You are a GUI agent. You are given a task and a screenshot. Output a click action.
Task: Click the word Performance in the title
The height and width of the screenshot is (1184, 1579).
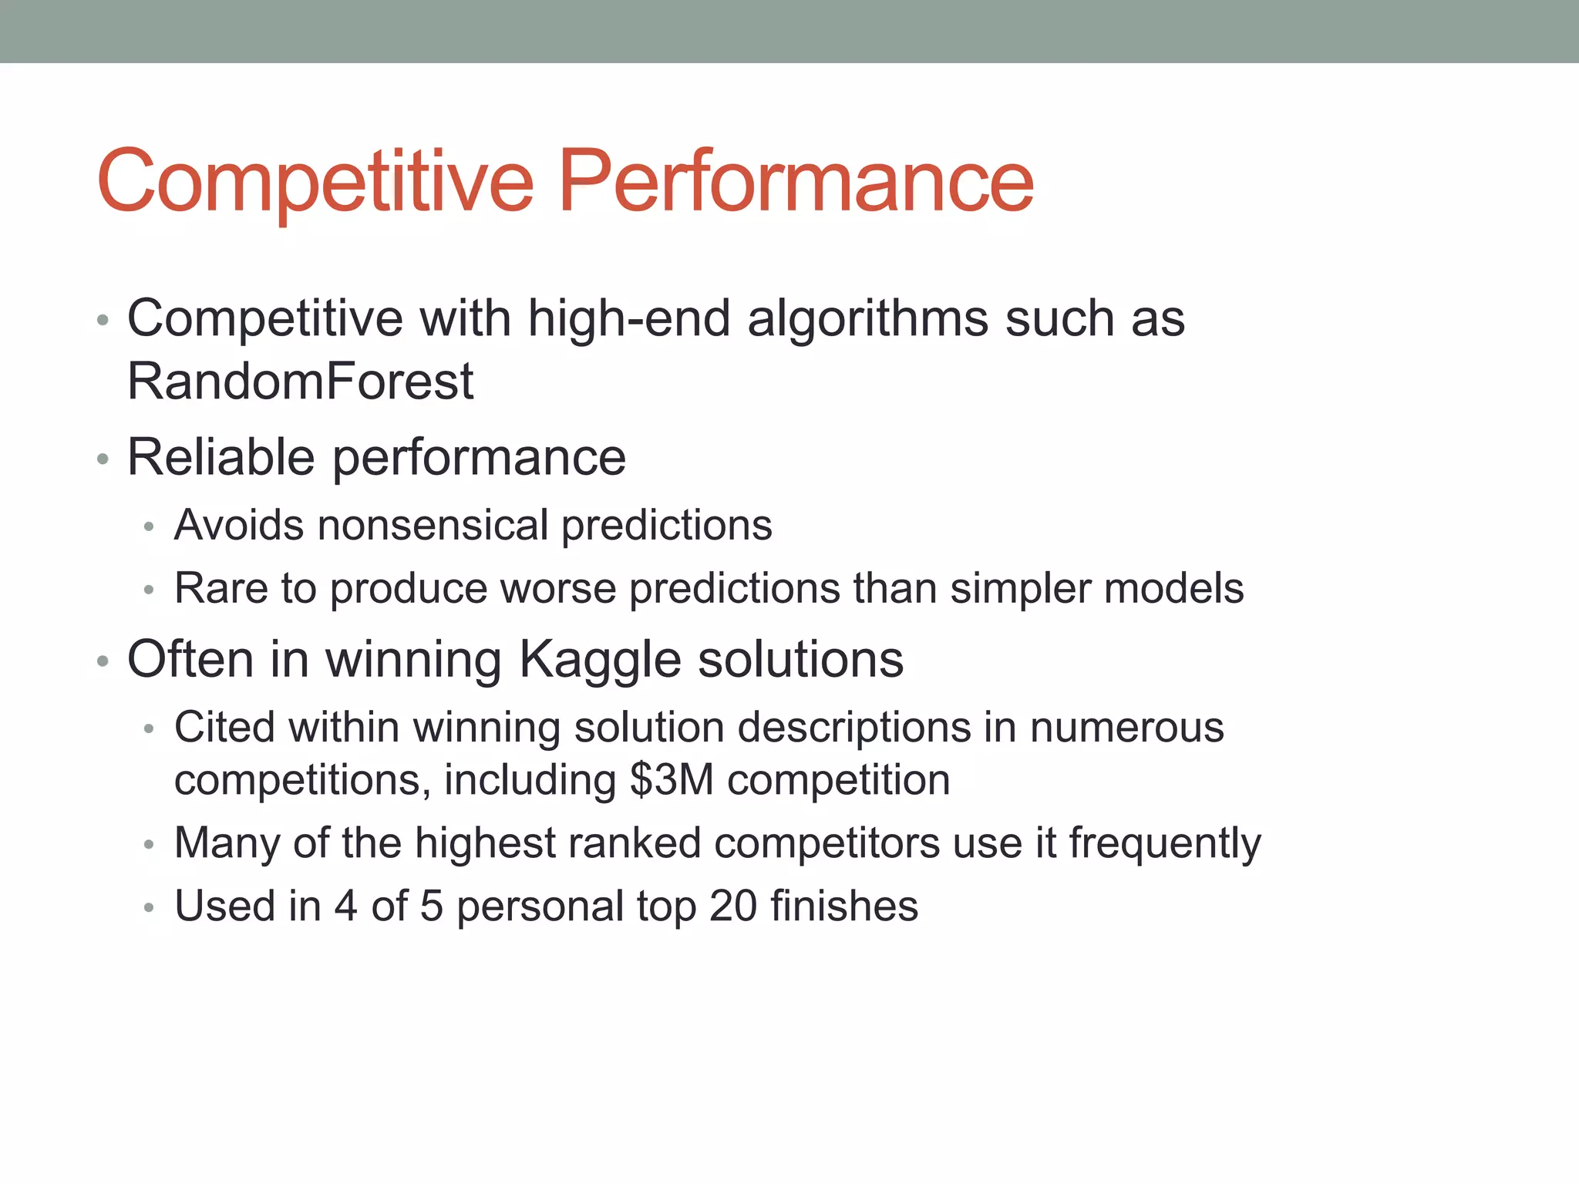click(795, 181)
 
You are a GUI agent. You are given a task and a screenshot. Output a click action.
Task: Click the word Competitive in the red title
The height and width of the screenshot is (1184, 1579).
click(315, 181)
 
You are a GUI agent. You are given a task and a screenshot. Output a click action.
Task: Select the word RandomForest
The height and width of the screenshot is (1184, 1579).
click(300, 381)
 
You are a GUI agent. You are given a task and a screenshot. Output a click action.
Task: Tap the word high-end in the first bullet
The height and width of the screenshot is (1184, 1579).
click(628, 318)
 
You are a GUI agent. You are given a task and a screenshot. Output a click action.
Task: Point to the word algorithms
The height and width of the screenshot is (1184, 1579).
click(867, 318)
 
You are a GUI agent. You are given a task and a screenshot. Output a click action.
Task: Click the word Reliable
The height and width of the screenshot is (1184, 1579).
click(221, 457)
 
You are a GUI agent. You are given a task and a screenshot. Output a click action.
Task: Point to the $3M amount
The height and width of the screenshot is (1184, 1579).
click(672, 780)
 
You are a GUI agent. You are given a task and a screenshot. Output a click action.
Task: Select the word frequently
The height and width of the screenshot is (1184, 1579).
click(1165, 843)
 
